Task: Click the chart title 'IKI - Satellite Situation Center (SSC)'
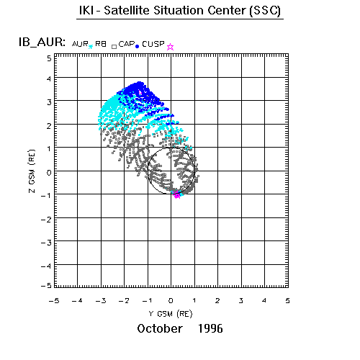point(180,11)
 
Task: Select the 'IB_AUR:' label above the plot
point(42,42)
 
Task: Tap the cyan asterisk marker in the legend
point(91,47)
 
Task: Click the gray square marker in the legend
point(114,47)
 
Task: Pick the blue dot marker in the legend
point(138,47)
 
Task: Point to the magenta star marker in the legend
point(170,47)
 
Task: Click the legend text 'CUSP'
point(153,44)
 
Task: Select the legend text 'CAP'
point(127,44)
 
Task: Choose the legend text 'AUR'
point(80,44)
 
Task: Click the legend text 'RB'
point(101,44)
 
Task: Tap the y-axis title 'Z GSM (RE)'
point(32,171)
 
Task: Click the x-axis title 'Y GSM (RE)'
point(171,314)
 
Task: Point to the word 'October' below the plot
point(160,328)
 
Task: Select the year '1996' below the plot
point(210,328)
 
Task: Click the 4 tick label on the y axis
point(49,78)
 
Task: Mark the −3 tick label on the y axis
point(46,243)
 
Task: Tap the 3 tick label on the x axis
point(241,300)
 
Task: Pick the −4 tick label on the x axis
point(77,300)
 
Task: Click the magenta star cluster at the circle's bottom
point(177,194)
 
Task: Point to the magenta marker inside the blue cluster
point(140,92)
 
